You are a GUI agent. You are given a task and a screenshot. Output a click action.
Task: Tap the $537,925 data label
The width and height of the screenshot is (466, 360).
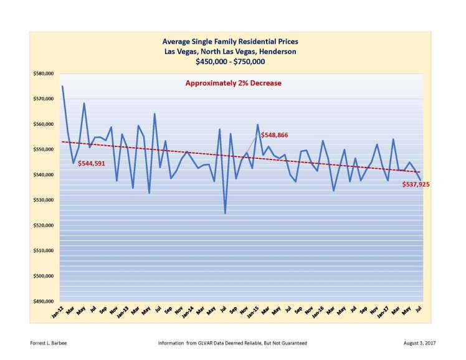coord(417,184)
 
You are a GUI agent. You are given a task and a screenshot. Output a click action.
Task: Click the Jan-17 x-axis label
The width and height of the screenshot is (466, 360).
coord(383,313)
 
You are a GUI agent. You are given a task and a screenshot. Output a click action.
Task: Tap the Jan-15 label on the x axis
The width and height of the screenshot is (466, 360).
coord(253,313)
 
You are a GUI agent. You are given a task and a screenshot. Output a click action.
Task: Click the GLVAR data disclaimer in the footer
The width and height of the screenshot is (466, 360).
coord(233,343)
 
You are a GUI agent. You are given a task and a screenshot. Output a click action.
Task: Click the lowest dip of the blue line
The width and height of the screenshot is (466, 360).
coord(225,213)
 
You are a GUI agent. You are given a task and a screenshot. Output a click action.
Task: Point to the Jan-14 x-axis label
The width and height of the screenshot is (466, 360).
coord(188,313)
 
